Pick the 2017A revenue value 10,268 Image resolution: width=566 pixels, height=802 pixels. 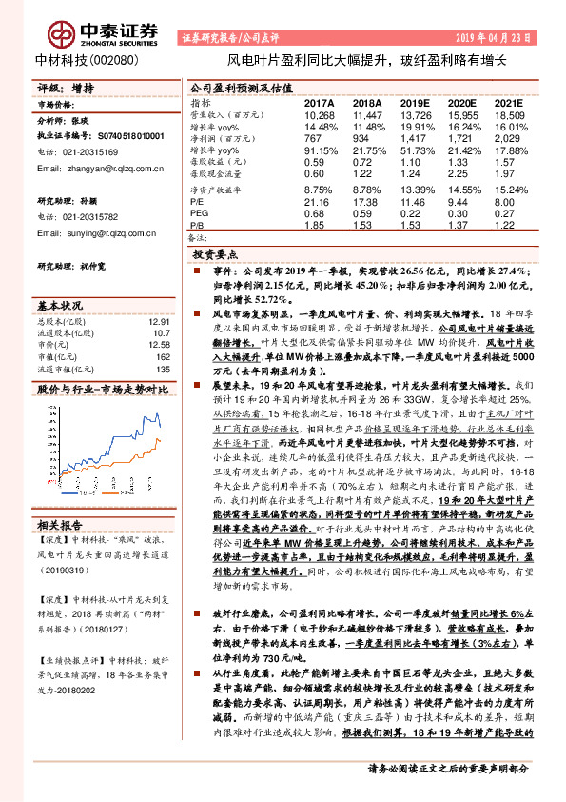tap(320, 113)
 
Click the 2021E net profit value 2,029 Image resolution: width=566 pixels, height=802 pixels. tap(509, 138)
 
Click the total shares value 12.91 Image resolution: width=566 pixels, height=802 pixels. tap(159, 322)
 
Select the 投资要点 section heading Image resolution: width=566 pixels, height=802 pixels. tap(214, 255)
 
